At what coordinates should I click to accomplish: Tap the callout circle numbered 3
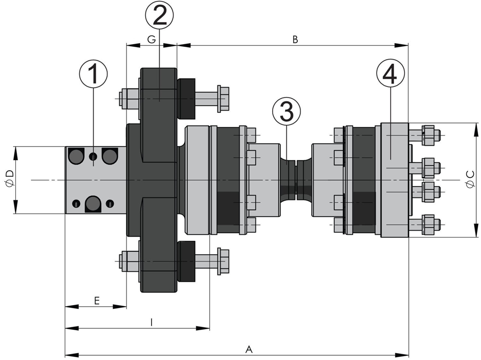click(286, 112)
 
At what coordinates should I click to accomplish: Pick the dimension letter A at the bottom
click(249, 349)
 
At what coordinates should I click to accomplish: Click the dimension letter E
click(96, 301)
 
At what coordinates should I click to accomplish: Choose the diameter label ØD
click(10, 180)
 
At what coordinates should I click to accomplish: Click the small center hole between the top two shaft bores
click(93, 156)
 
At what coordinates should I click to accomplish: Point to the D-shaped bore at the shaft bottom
click(93, 204)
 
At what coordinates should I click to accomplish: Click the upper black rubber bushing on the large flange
click(187, 99)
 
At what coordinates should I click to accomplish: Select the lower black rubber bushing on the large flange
click(187, 261)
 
